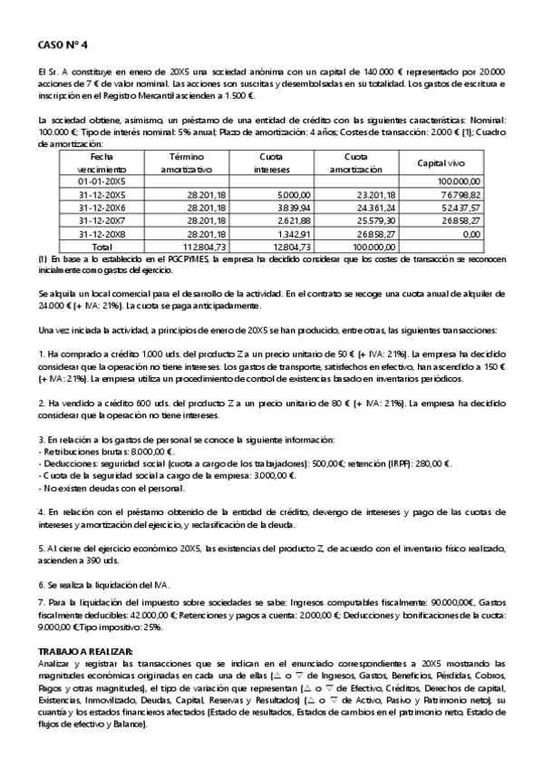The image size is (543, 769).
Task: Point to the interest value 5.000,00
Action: tap(294, 194)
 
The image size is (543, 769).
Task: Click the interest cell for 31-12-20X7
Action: tap(294, 219)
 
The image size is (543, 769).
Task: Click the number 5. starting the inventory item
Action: tap(41, 548)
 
